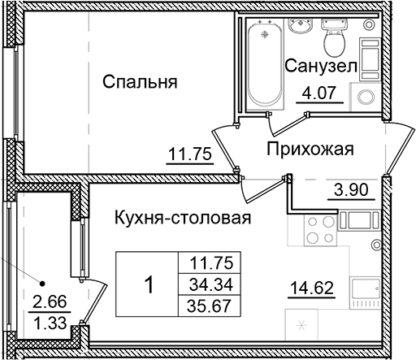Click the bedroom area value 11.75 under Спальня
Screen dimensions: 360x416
pyautogui.click(x=188, y=154)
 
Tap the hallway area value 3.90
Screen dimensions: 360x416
pyautogui.click(x=351, y=191)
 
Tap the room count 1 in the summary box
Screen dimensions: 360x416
pyautogui.click(x=148, y=284)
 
